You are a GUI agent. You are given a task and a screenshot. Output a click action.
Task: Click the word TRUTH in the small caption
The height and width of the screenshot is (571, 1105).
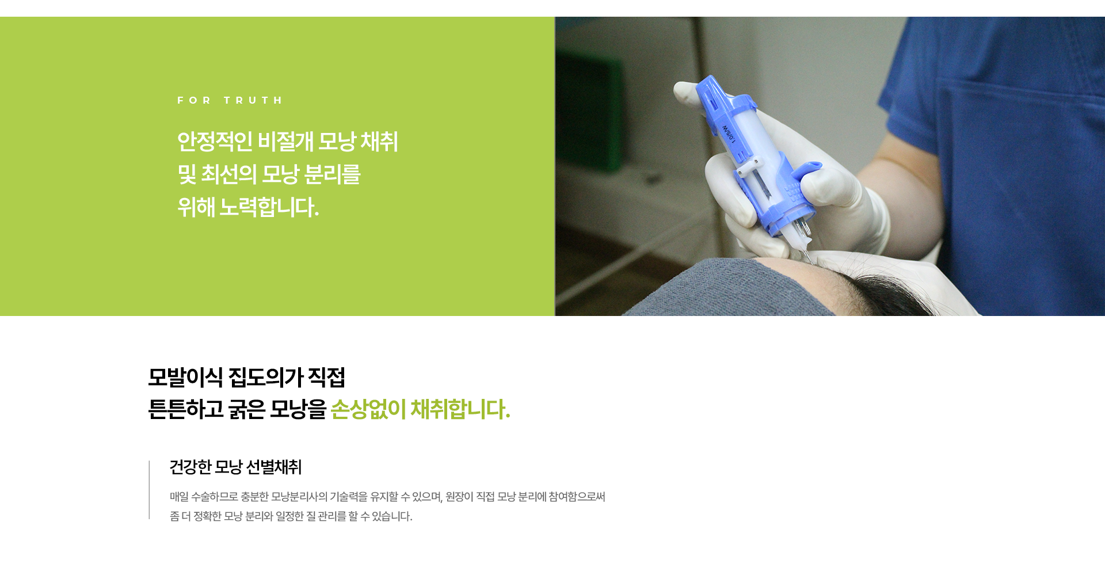[253, 100]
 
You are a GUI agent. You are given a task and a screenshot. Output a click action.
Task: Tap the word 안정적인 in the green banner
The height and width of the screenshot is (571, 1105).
[215, 142]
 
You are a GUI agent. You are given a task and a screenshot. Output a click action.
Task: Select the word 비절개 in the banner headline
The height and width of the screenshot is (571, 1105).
[285, 142]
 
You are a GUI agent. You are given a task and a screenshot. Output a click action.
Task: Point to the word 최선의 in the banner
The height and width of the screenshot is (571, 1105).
[228, 174]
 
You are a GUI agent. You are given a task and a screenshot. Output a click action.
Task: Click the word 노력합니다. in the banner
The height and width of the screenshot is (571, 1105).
[269, 207]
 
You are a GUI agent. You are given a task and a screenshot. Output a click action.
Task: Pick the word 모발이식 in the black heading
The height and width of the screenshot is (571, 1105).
[185, 378]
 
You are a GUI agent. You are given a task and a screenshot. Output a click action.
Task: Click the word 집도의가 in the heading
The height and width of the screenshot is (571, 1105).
[266, 378]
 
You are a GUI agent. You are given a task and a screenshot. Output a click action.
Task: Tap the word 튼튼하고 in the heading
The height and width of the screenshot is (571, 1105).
[185, 409]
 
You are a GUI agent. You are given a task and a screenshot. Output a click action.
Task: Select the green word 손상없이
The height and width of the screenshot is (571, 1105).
[368, 409]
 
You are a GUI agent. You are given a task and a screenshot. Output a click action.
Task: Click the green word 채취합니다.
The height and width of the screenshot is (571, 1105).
[460, 409]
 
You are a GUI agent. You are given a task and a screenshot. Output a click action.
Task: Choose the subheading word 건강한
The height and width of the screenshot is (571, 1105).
[190, 467]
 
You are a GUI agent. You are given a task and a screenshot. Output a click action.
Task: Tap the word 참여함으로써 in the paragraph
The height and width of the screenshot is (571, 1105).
[577, 497]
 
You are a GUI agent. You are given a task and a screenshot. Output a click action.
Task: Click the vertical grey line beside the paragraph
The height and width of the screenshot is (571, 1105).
[149, 490]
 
